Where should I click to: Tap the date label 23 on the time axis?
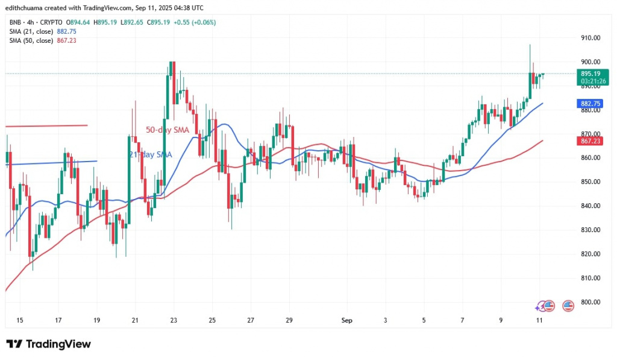tap(173, 321)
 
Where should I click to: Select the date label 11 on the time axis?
tap(539, 321)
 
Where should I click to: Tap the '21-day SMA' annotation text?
tap(150, 155)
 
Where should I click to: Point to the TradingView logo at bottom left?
tap(49, 344)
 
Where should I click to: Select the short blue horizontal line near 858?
tap(51, 162)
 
